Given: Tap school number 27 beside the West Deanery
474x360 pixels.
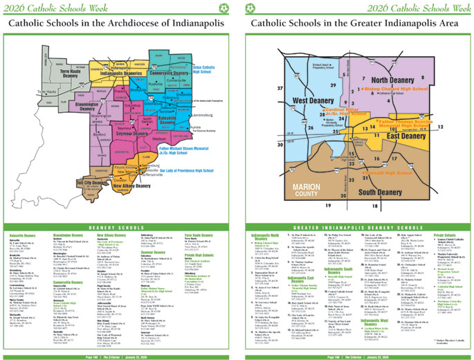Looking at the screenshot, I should (x=280, y=89).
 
